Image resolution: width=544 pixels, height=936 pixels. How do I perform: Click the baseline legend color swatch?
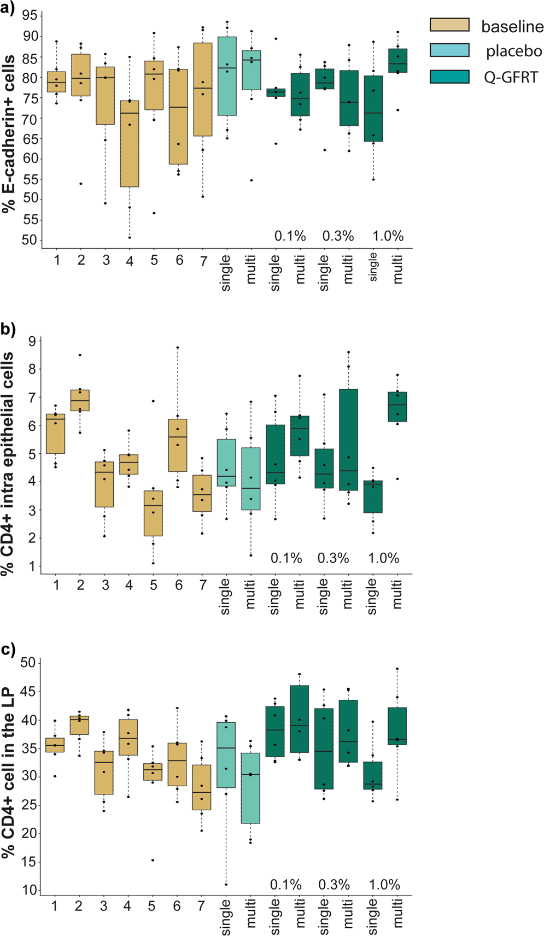click(449, 25)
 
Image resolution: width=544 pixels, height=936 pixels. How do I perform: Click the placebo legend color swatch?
click(449, 50)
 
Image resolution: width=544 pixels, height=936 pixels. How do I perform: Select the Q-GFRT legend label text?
click(511, 77)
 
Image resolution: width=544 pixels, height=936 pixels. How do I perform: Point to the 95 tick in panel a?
click(31, 15)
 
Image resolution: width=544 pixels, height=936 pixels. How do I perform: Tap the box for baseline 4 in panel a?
click(130, 143)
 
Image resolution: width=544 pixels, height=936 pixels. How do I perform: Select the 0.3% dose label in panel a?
click(338, 236)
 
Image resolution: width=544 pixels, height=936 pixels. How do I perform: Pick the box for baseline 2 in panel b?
click(80, 400)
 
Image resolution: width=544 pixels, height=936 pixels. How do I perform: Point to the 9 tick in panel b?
click(32, 342)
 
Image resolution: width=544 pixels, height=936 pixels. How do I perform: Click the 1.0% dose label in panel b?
click(383, 558)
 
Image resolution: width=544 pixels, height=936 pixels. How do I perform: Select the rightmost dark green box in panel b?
click(397, 407)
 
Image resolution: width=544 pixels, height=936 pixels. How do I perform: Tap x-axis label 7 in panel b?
click(203, 586)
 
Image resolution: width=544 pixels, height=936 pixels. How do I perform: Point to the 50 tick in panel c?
click(28, 663)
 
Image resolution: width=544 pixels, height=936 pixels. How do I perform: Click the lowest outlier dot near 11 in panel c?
click(226, 885)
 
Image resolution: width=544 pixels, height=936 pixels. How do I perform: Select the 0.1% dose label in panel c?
click(286, 884)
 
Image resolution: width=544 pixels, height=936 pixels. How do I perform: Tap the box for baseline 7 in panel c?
click(202, 787)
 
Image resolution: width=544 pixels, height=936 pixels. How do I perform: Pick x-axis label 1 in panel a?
click(57, 260)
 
